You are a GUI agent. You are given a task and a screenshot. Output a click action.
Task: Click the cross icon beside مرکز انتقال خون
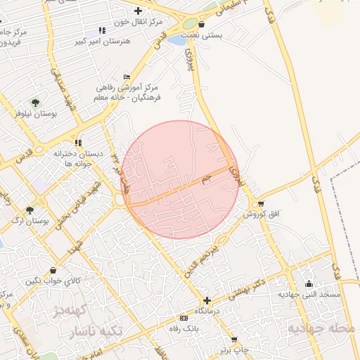pyautogui.click(x=138, y=11)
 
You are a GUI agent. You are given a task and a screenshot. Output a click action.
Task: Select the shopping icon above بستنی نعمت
pyautogui.click(x=202, y=25)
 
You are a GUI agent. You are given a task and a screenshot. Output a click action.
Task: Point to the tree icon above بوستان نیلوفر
pyautogui.click(x=35, y=103)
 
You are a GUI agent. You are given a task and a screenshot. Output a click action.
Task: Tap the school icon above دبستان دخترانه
pyautogui.click(x=78, y=143)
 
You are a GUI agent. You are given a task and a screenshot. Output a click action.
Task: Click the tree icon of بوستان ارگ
pyautogui.click(x=30, y=210)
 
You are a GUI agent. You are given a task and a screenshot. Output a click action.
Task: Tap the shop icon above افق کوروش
pyautogui.click(x=262, y=204)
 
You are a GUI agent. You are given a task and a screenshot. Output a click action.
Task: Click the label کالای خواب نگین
pyautogui.click(x=55, y=281)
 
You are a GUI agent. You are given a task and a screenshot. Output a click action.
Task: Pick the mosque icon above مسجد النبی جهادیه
pyautogui.click(x=309, y=284)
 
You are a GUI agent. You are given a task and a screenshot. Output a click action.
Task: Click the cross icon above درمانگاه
pyautogui.click(x=206, y=300)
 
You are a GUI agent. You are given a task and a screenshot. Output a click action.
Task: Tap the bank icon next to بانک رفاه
pyautogui.click(x=184, y=317)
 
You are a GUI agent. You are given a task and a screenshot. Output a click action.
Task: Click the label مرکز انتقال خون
pyautogui.click(x=141, y=22)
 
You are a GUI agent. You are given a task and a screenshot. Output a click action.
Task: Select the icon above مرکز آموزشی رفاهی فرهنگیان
pyautogui.click(x=127, y=77)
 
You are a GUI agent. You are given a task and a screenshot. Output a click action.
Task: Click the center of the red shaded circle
pyautogui.click(x=181, y=179)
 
